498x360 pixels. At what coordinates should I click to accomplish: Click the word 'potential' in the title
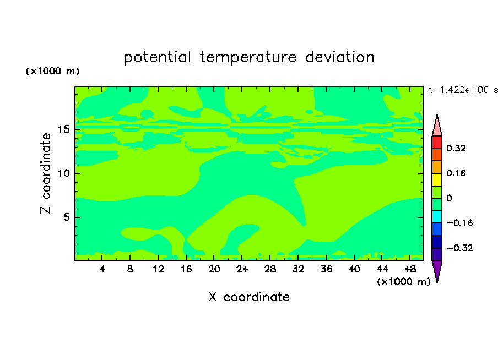pyautogui.click(x=158, y=57)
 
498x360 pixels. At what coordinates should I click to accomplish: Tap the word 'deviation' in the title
pyautogui.click(x=340, y=57)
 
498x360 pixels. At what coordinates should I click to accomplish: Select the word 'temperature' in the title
pyautogui.click(x=248, y=57)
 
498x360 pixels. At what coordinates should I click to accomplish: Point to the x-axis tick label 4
pyautogui.click(x=102, y=269)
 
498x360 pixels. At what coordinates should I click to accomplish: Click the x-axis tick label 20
pyautogui.click(x=214, y=269)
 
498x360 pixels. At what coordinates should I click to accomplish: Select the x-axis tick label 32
pyautogui.click(x=298, y=269)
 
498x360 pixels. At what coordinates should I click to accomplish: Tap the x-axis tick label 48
pyautogui.click(x=410, y=269)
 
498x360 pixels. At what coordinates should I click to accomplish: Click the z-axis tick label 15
pyautogui.click(x=64, y=129)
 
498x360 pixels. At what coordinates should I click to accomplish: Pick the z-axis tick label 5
pyautogui.click(x=66, y=217)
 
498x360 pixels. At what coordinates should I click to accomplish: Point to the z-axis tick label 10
pyautogui.click(x=64, y=173)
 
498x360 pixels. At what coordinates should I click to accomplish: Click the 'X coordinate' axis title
pyautogui.click(x=249, y=297)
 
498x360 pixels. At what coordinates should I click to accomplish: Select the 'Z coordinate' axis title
pyautogui.click(x=45, y=173)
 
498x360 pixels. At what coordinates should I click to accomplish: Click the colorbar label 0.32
pyautogui.click(x=456, y=148)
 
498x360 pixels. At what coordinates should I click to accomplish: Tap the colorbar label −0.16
pyautogui.click(x=459, y=223)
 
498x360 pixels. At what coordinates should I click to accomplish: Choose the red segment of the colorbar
pyautogui.click(x=437, y=142)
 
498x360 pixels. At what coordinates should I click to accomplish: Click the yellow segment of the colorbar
pyautogui.click(x=437, y=179)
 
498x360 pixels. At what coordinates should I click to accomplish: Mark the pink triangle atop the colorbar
pyautogui.click(x=437, y=127)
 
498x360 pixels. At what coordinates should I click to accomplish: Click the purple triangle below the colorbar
pyautogui.click(x=437, y=270)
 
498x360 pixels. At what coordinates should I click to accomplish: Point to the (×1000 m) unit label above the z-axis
pyautogui.click(x=52, y=71)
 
